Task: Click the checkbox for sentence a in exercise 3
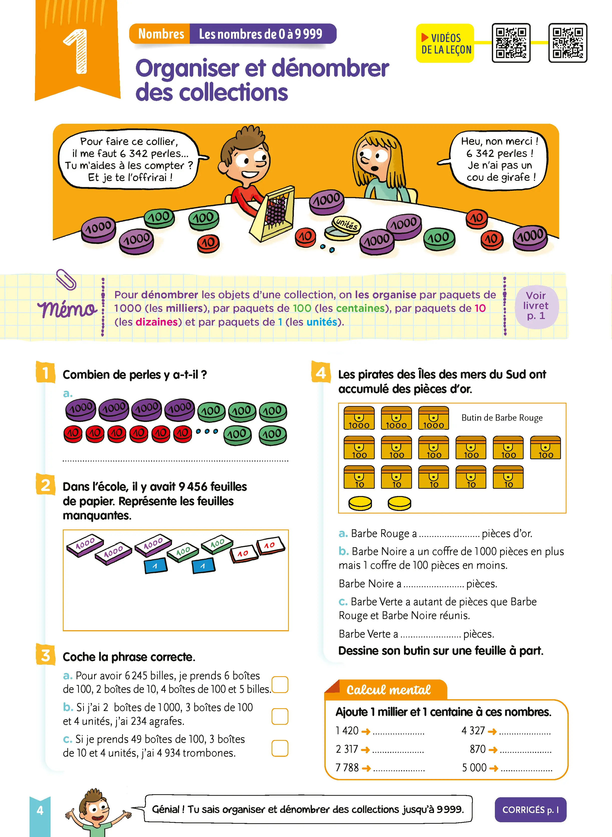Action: coord(280,684)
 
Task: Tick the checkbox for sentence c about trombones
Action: coord(280,748)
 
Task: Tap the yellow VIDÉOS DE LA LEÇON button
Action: coord(445,43)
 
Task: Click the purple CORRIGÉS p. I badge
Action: coord(530,809)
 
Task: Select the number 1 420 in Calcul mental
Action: coord(347,730)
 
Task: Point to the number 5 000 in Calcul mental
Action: coord(474,767)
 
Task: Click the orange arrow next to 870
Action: coord(493,750)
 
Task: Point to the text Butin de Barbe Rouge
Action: coord(502,418)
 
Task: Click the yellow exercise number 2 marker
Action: coord(46,485)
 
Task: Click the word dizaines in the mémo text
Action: coord(157,322)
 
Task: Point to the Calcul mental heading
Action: coord(388,690)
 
